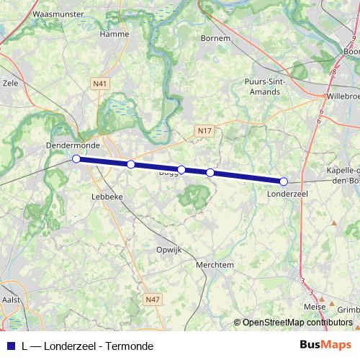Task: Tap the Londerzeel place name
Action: [x=288, y=194]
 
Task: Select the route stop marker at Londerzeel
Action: [x=284, y=181]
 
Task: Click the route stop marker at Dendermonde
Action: [x=76, y=158]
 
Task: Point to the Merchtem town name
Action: [x=215, y=264]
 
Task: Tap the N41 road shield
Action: [x=101, y=84]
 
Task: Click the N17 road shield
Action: [x=205, y=130]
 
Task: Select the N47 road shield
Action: [x=152, y=299]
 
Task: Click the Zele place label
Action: [x=10, y=83]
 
